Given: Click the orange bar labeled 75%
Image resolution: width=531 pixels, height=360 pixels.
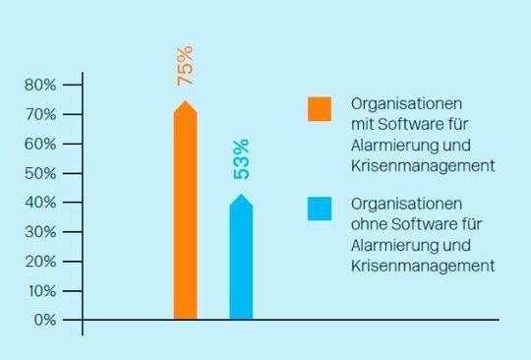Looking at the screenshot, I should click(185, 216).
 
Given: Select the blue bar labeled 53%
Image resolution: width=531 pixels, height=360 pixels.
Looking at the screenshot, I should click(241, 261).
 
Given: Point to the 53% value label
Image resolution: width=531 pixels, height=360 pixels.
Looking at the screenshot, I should click(242, 159).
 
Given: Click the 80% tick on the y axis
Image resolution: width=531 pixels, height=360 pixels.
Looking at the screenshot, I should click(40, 85).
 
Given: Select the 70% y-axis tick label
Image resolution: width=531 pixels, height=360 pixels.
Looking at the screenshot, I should click(40, 114).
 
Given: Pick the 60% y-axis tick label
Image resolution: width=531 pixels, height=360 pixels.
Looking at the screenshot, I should click(40, 144).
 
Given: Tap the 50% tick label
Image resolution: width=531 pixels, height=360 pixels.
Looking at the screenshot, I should click(40, 173).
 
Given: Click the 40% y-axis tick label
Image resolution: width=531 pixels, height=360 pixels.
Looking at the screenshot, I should click(40, 203).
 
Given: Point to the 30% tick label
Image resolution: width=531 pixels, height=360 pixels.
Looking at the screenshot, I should click(40, 232).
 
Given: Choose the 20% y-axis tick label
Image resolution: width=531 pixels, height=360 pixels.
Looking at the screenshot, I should click(40, 262).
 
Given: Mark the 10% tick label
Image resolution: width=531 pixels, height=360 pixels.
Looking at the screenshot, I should click(40, 291).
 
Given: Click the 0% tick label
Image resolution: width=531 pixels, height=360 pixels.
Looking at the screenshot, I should click(44, 321).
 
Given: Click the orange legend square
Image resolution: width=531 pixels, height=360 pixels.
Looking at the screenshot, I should click(320, 108).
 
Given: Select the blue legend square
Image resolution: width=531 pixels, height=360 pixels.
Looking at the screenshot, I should click(320, 209).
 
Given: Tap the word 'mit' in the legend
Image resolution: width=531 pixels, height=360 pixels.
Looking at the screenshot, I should click(362, 125).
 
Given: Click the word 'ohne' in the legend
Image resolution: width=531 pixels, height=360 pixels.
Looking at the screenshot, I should click(369, 225).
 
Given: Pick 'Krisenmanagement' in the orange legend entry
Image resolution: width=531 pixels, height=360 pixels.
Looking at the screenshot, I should click(422, 166).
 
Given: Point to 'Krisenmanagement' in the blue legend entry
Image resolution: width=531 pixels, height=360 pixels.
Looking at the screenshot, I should click(422, 267).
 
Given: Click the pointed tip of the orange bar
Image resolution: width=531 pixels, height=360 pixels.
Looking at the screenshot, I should click(185, 101).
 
